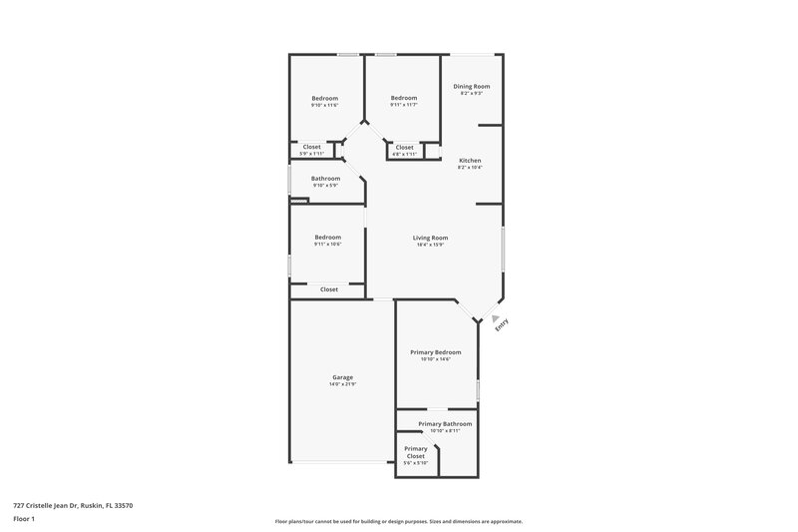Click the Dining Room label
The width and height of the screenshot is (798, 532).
(472, 86)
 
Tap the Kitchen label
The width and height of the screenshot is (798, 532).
(470, 161)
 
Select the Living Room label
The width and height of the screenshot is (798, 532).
(431, 238)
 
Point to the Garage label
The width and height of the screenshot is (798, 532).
(343, 377)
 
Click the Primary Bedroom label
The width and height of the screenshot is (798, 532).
(436, 351)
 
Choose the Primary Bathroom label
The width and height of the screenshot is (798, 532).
(445, 424)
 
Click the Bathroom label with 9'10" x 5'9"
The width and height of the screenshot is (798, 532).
(325, 178)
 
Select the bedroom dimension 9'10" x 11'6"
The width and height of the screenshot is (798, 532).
(325, 105)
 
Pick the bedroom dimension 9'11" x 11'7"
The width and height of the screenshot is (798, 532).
(403, 105)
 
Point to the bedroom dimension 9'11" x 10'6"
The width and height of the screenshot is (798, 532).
(328, 245)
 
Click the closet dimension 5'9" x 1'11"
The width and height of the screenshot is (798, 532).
(312, 155)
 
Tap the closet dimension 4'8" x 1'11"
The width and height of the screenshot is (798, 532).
(404, 155)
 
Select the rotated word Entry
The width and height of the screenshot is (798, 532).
(502, 324)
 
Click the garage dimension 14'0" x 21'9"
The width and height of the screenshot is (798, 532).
(343, 384)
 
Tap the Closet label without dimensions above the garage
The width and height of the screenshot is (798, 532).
(329, 289)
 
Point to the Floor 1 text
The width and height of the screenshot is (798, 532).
(25, 520)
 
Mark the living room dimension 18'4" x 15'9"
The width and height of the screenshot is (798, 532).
(431, 245)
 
